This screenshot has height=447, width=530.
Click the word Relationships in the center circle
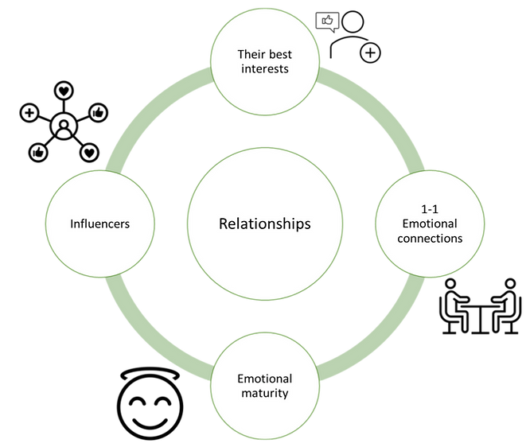[264, 224]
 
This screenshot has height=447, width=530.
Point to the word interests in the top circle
[264, 69]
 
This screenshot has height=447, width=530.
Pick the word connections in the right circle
[431, 239]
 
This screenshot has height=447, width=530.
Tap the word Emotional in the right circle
[431, 223]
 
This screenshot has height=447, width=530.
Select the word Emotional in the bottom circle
[264, 379]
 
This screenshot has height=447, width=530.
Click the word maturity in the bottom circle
[264, 394]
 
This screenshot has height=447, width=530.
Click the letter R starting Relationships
[223, 224]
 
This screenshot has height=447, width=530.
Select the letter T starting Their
[240, 54]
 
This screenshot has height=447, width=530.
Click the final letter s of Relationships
[307, 224]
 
